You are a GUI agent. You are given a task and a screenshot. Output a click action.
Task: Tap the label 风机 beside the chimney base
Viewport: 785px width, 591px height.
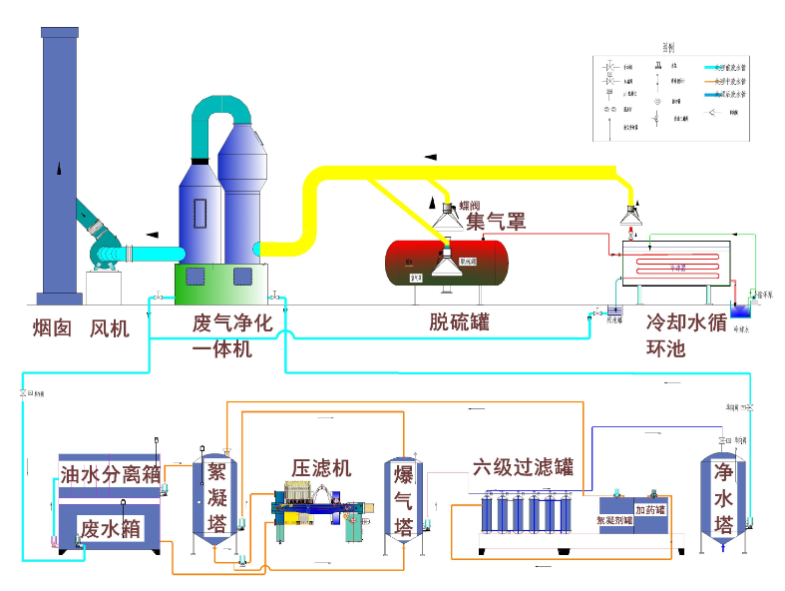point(110,327)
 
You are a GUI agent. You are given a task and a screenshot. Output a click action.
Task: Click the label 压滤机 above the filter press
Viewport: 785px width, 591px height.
point(321,467)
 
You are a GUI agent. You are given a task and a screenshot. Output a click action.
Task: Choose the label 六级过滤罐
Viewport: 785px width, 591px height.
point(523,466)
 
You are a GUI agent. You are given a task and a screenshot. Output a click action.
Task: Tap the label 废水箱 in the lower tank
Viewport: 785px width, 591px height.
point(110,527)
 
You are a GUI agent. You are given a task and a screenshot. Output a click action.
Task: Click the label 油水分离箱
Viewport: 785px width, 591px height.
point(110,474)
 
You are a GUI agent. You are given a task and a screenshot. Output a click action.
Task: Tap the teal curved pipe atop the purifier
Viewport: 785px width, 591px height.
point(223,110)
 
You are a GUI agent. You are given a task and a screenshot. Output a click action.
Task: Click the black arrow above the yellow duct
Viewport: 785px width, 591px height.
point(431,156)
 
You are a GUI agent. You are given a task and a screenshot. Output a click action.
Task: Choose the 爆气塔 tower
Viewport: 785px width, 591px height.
point(404,498)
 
